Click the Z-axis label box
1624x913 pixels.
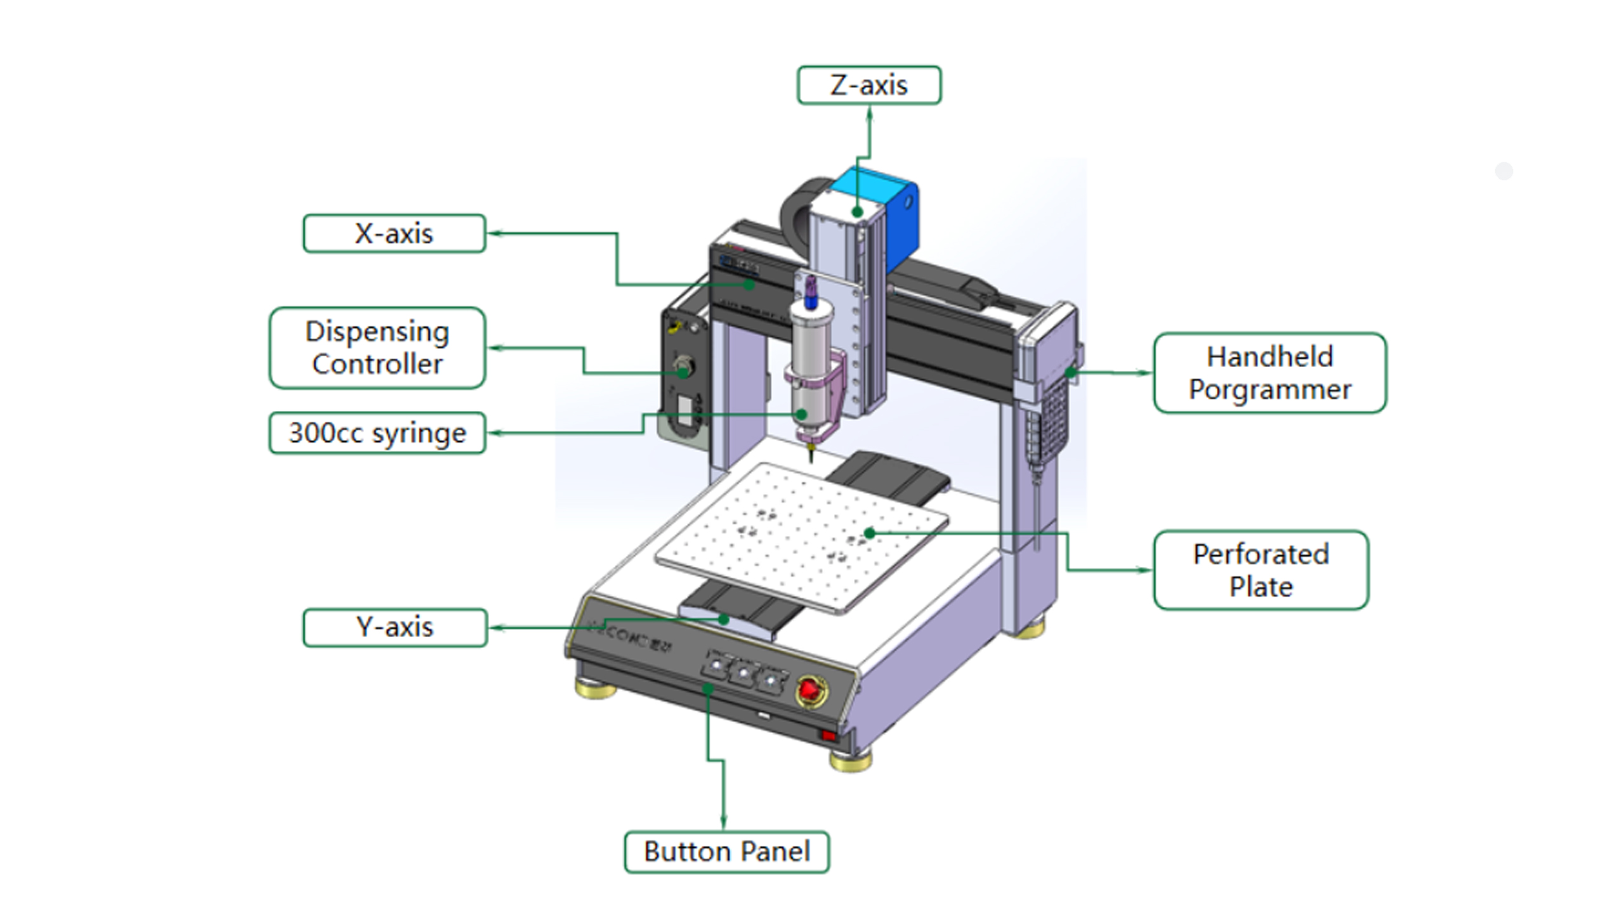[868, 85]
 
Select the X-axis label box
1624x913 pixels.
[394, 233]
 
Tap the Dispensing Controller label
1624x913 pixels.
[377, 347]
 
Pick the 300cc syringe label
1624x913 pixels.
[377, 433]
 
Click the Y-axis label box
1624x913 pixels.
[395, 627]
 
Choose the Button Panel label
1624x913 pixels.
[726, 851]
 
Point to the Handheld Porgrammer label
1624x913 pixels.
[1269, 373]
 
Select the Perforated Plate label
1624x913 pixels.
[1261, 570]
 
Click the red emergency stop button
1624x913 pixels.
[810, 689]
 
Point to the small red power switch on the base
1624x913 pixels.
[828, 735]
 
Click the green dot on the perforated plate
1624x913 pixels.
[870, 533]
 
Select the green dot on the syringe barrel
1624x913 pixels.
[802, 415]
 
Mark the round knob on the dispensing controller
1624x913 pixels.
[683, 367]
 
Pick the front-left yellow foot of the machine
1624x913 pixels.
[595, 687]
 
